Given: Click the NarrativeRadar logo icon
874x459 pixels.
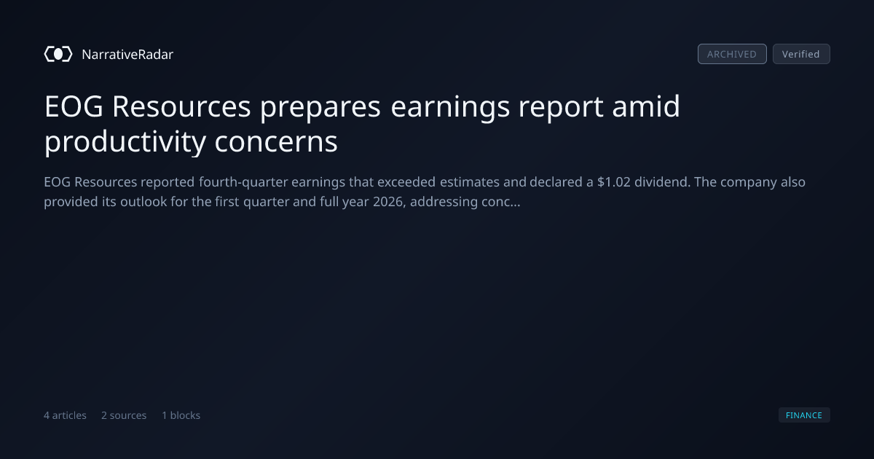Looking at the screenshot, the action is point(58,54).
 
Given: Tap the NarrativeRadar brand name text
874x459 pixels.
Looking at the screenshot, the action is point(127,54).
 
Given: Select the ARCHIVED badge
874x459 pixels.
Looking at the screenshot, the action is point(732,54).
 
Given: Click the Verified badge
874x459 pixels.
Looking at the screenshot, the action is point(801,54).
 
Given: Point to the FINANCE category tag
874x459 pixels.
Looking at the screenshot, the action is point(804,415).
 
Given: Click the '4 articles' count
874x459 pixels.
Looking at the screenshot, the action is point(65,415).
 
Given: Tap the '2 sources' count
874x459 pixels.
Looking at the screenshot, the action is point(124,415).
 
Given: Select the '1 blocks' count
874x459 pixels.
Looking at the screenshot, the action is point(181,415).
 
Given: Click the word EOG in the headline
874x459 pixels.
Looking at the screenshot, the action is point(74,106).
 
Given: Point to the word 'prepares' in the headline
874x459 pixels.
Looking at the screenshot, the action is point(320,107).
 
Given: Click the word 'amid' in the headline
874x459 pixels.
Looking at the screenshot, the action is point(646,106).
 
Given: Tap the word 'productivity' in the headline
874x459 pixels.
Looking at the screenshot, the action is point(125,141).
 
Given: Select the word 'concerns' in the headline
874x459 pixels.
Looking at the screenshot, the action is point(276,141).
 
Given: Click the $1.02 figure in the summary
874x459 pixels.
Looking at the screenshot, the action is point(614,182).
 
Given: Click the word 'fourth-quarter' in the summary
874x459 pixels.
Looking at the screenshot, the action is point(243,182).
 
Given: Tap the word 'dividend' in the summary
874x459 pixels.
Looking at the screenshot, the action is point(663,182).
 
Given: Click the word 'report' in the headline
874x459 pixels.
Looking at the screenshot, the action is point(561,107).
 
